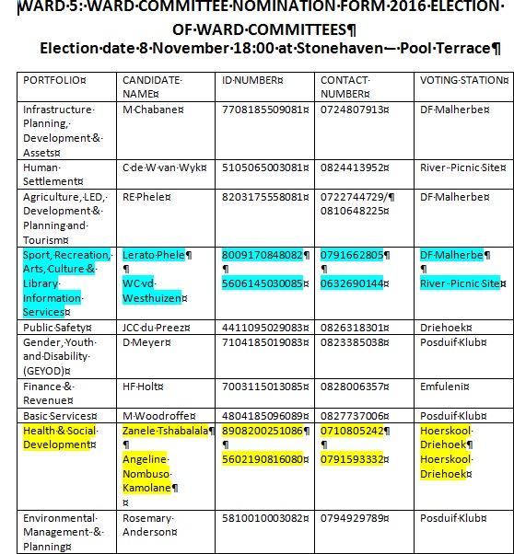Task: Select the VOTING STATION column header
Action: tap(458, 80)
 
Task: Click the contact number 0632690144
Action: tap(353, 283)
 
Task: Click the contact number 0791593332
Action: tap(353, 458)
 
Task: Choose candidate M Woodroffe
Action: tap(158, 415)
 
